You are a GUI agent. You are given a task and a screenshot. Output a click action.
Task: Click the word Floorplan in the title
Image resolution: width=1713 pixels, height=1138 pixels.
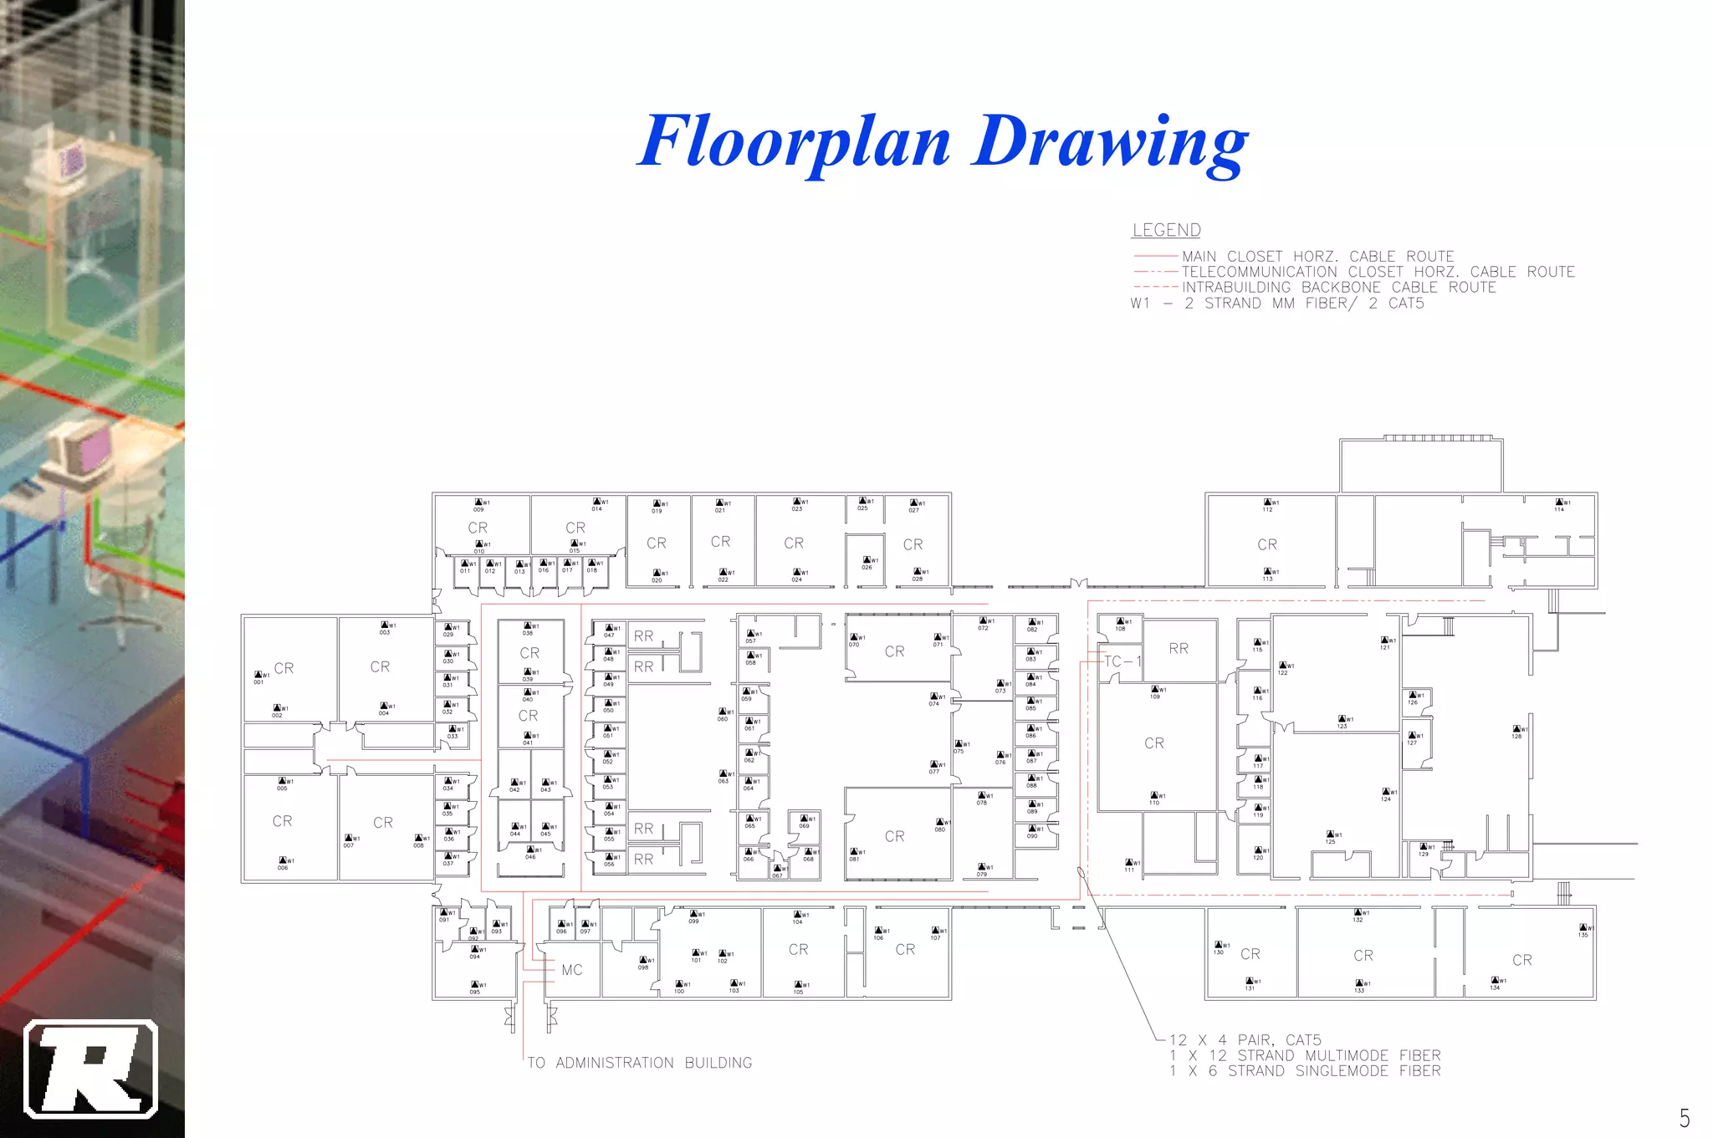[795, 140]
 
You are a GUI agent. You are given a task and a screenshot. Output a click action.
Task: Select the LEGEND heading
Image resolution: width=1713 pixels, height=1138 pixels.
[1166, 230]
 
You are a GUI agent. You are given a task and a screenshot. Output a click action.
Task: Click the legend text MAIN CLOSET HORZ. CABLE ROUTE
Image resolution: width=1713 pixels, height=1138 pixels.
[1317, 256]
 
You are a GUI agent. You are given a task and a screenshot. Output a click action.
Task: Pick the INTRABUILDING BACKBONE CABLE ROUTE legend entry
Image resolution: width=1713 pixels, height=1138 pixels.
[1338, 287]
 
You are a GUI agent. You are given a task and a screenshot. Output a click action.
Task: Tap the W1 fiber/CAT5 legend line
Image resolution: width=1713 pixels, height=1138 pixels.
[1276, 303]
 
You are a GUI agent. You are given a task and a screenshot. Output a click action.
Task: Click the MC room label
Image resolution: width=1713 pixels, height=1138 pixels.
[572, 970]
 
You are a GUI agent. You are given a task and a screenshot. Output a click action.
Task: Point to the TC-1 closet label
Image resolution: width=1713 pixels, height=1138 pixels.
[1121, 661]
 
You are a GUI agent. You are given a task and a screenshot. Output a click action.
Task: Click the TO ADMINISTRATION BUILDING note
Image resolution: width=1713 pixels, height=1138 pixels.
[640, 1063]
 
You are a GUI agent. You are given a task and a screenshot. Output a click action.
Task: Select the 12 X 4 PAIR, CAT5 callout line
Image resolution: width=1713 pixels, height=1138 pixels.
[1245, 1040]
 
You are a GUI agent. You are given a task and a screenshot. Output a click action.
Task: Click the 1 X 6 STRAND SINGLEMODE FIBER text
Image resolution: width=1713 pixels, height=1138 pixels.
[1305, 1071]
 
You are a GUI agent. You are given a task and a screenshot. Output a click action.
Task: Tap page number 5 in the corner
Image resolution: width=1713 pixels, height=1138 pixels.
[1684, 1117]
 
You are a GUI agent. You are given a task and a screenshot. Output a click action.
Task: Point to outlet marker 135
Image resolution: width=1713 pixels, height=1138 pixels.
[1583, 931]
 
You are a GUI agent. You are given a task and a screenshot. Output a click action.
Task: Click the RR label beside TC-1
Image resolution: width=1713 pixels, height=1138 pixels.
[1179, 648]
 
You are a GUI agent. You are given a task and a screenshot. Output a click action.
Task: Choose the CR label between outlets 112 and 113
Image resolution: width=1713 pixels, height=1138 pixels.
[1267, 544]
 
